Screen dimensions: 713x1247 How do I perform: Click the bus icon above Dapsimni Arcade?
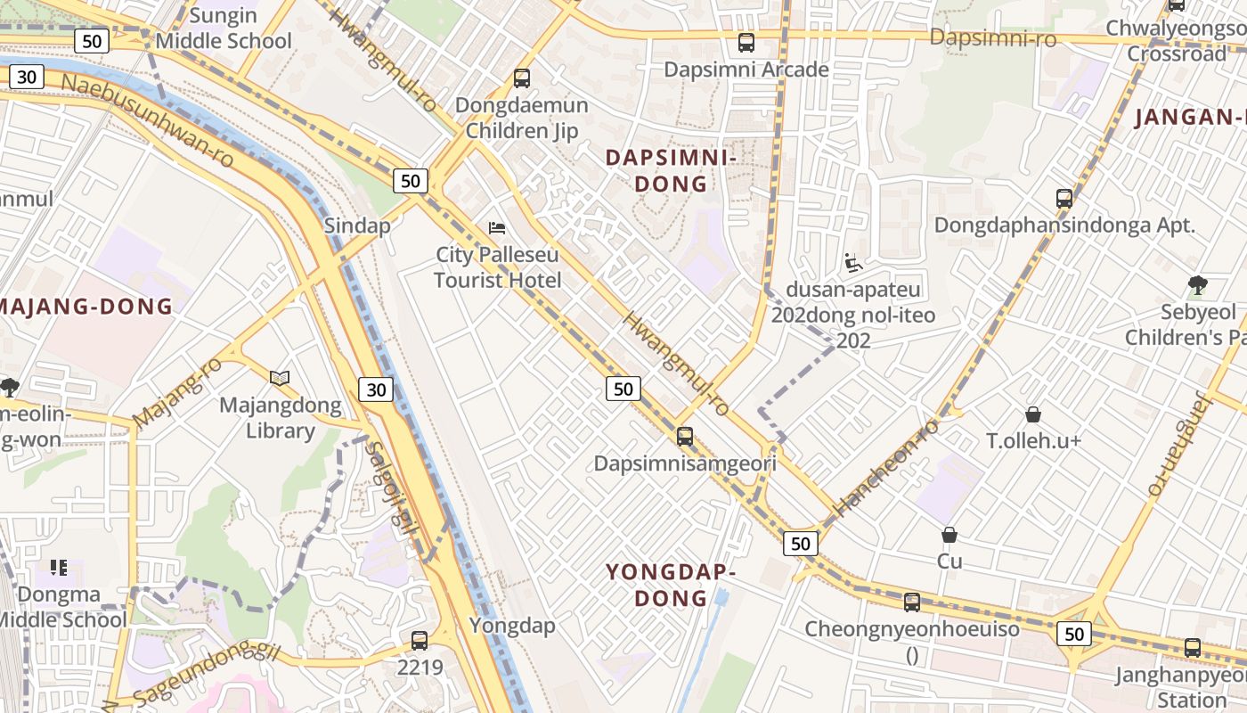pyautogui.click(x=746, y=42)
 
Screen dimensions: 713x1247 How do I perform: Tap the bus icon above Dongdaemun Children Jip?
pyautogui.click(x=522, y=78)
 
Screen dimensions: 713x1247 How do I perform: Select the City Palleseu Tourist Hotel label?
pyautogui.click(x=497, y=267)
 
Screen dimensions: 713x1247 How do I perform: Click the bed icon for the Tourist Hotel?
pyautogui.click(x=497, y=228)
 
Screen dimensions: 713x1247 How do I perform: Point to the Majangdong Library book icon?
pyautogui.click(x=280, y=379)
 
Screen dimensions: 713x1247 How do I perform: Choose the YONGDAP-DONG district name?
pyautogui.click(x=671, y=585)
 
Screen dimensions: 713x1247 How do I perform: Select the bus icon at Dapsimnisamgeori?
pyautogui.click(x=684, y=437)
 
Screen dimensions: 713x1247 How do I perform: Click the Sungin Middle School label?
pyautogui.click(x=224, y=29)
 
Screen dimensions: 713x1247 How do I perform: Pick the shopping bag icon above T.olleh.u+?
pyautogui.click(x=1033, y=414)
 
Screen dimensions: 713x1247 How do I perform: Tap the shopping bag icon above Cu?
pyautogui.click(x=950, y=535)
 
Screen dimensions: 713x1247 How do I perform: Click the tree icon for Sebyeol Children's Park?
pyautogui.click(x=1198, y=285)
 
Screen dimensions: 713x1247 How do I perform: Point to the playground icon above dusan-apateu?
pyautogui.click(x=853, y=263)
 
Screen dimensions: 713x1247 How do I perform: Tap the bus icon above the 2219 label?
pyautogui.click(x=420, y=640)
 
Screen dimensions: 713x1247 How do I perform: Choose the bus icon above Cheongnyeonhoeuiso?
pyautogui.click(x=912, y=602)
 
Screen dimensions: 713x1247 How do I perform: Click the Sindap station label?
pyautogui.click(x=357, y=225)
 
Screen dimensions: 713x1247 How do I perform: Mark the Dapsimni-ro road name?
pyautogui.click(x=992, y=38)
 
